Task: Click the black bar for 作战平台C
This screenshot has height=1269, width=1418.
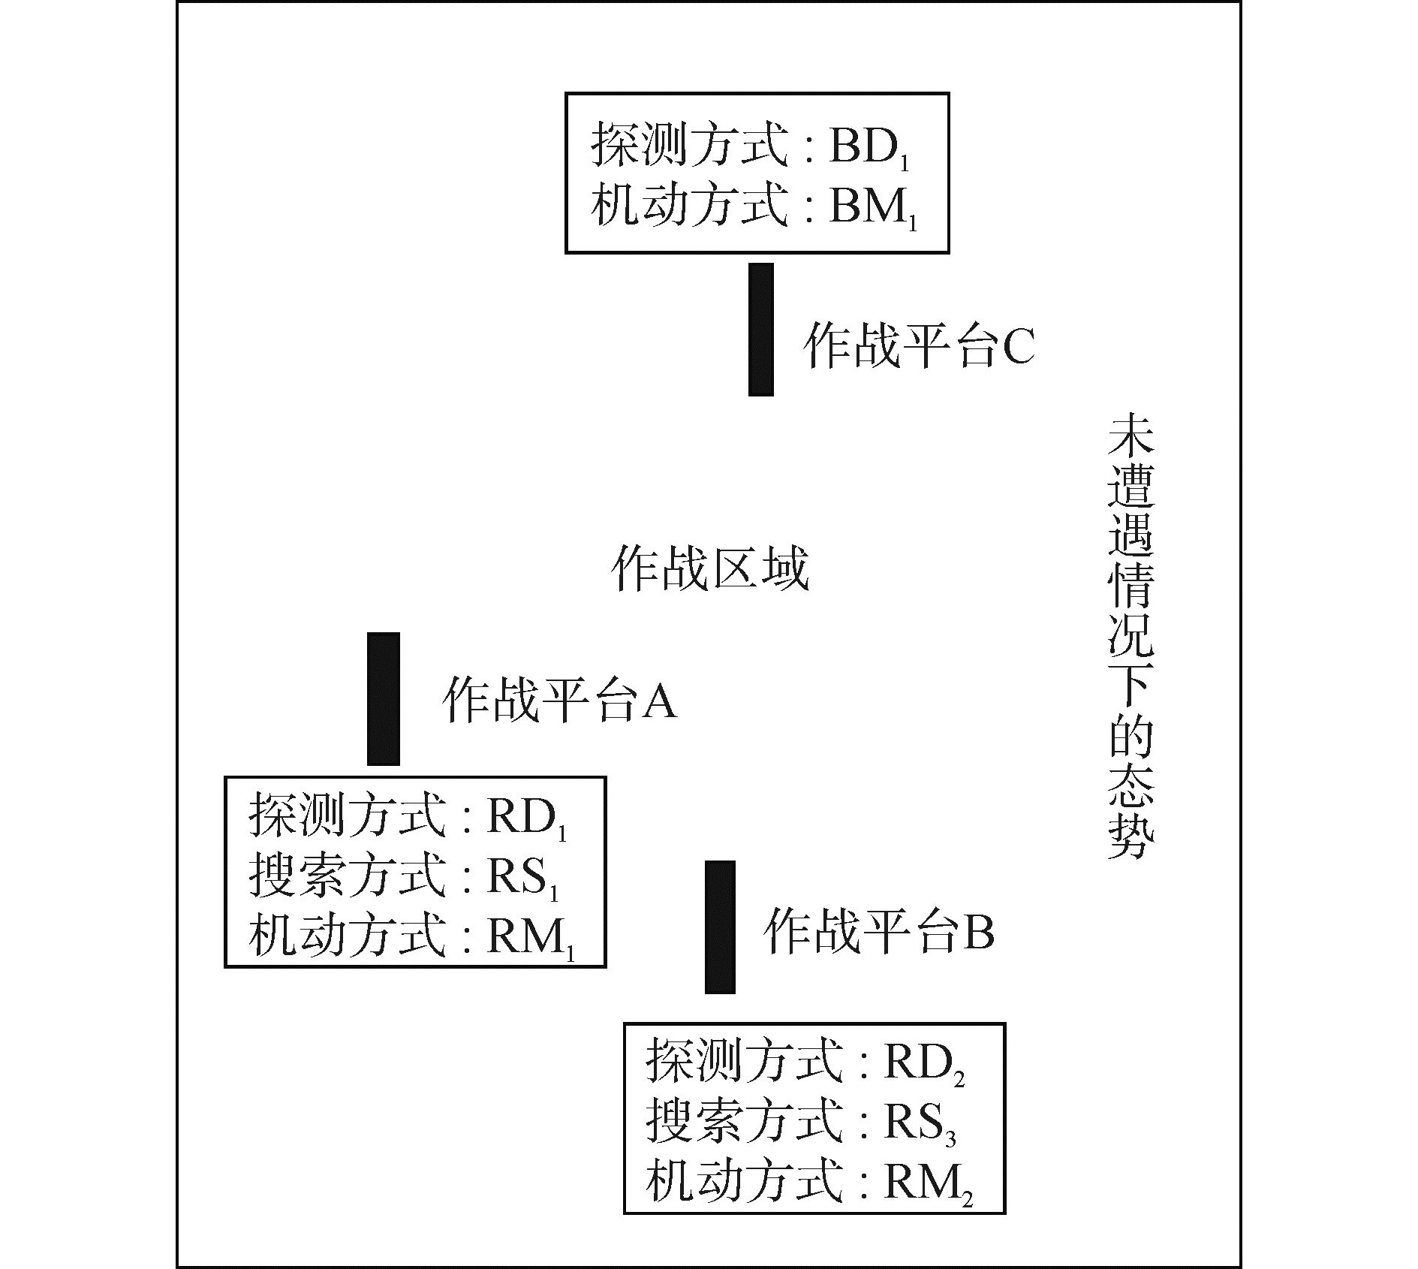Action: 760,330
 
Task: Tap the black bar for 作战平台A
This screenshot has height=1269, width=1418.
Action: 383,699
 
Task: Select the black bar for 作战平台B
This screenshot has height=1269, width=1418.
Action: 720,927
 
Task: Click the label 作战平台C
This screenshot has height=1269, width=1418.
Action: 919,346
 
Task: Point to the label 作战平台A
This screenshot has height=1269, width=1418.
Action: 559,701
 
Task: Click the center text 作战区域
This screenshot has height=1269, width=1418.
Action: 710,568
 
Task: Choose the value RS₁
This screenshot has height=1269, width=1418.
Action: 522,877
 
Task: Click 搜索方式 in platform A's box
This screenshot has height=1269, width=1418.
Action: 348,876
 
